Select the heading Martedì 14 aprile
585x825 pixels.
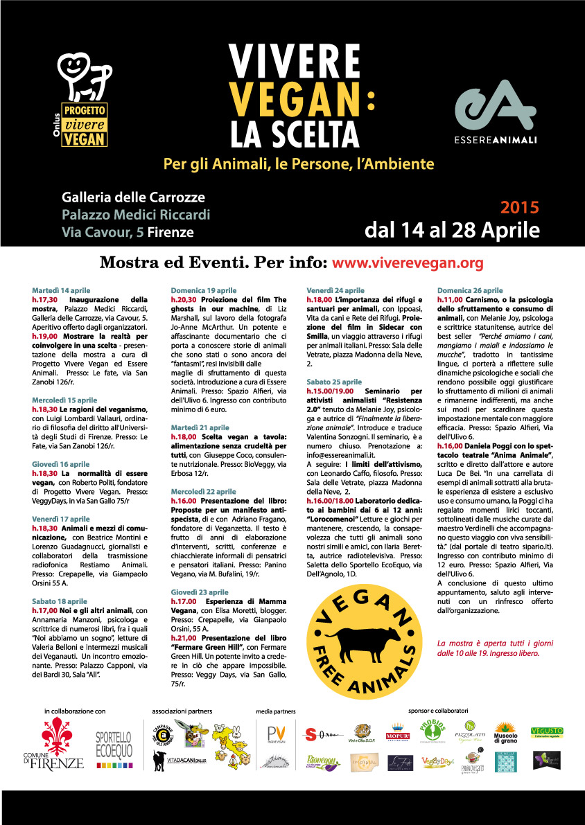[61, 290]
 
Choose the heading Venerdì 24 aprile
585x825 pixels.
[335, 290]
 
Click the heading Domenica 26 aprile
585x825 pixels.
[471, 290]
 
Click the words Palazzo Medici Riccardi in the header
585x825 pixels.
[136, 215]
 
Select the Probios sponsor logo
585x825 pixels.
[431, 731]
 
